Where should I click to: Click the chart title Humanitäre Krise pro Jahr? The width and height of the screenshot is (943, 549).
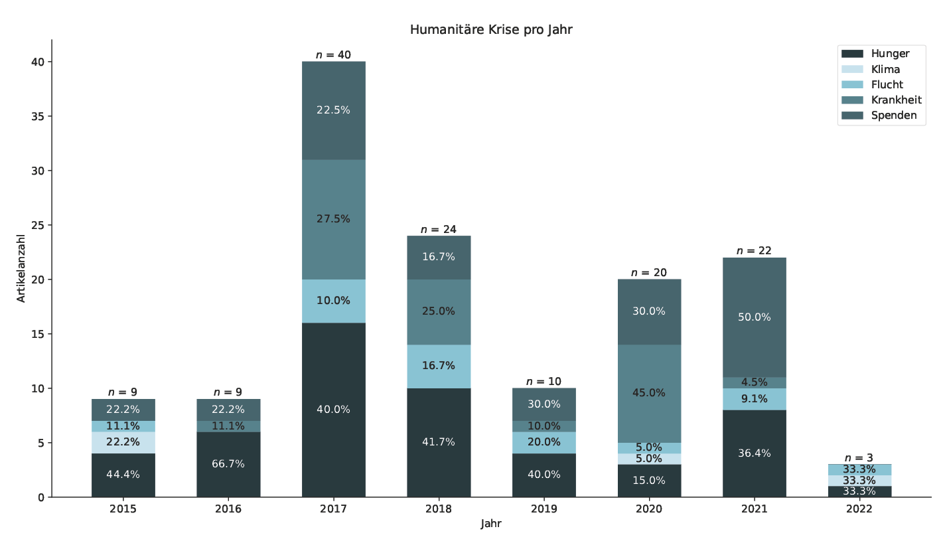pos(490,30)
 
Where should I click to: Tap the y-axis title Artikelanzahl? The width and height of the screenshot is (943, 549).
pos(21,268)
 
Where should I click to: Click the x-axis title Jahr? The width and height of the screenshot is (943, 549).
pos(491,524)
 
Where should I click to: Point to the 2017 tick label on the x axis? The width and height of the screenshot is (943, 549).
pos(333,509)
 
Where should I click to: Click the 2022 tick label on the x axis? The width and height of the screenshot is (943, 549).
pos(859,509)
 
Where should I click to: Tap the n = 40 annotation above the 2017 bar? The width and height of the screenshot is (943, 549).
pos(333,55)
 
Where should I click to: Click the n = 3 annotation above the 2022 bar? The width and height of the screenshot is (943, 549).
pos(859,458)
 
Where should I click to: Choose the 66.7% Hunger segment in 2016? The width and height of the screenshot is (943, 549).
pos(228,464)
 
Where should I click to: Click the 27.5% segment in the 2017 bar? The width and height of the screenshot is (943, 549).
pos(333,219)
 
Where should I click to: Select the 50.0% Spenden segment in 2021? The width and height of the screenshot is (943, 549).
pos(755,317)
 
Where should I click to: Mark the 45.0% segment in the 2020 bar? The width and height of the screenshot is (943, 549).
pos(649,393)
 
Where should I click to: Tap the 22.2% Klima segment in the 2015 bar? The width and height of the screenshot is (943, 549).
pos(123,442)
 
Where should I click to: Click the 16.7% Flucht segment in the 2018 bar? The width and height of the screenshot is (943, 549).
pos(439,366)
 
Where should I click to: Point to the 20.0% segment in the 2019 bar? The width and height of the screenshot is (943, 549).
pos(544,442)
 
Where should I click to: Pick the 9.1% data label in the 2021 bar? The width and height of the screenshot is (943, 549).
pos(755,399)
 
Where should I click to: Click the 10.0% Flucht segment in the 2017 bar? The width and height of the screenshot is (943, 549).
pos(333,301)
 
